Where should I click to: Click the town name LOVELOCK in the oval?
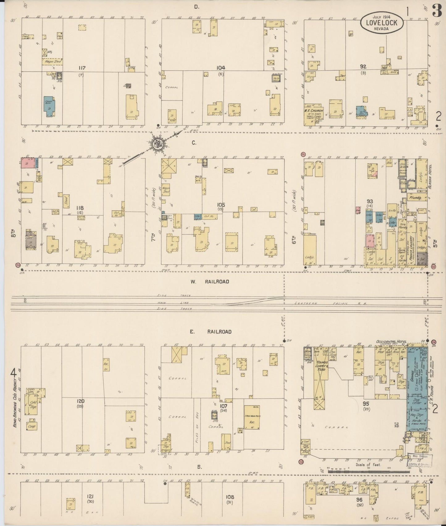[x=382, y=22]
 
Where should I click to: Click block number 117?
[x=82, y=68]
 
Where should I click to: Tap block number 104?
[x=221, y=68]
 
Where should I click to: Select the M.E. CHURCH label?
[x=314, y=111]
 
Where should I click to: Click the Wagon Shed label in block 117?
[x=52, y=61]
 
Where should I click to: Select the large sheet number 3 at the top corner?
[x=436, y=12]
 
